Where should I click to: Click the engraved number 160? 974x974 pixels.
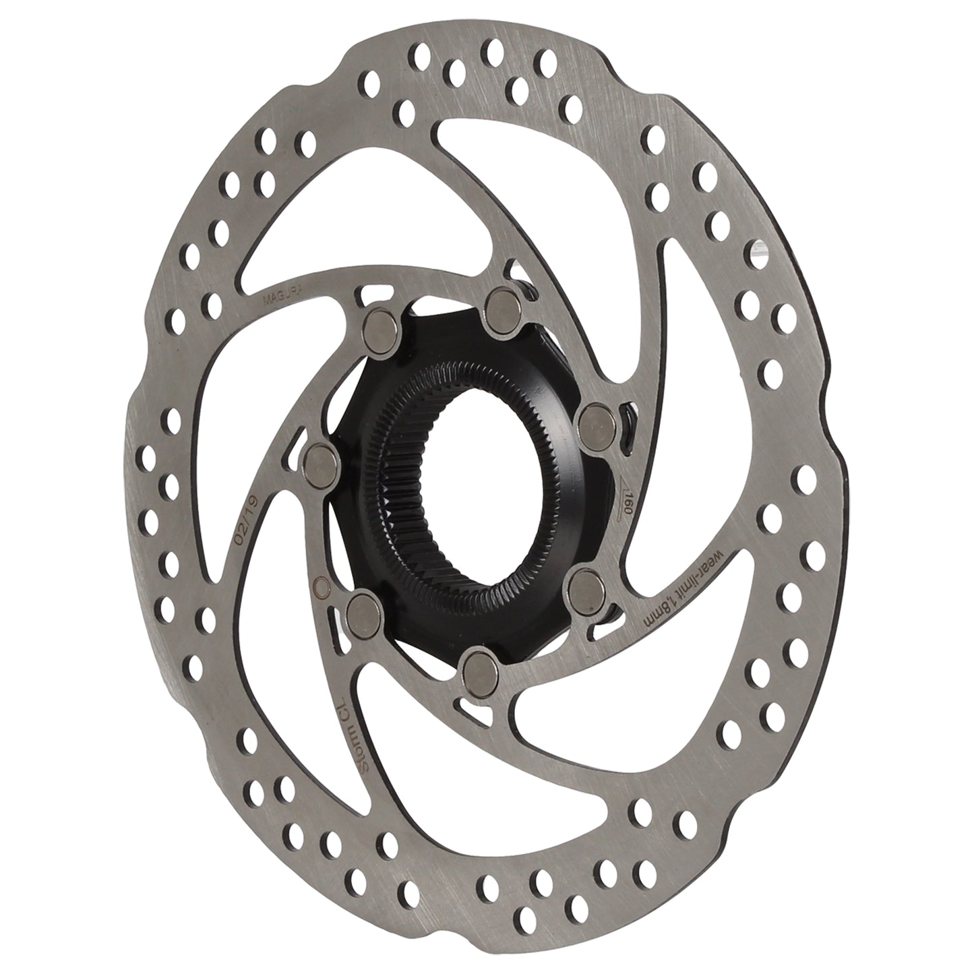[x=627, y=502]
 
